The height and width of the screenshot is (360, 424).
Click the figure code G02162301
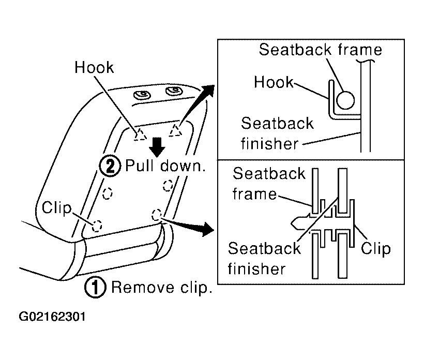[52, 317]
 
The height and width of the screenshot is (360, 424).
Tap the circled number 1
[96, 288]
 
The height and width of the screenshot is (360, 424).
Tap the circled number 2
[110, 166]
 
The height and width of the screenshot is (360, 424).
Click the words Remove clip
[162, 288]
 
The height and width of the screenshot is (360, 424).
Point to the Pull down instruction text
[165, 166]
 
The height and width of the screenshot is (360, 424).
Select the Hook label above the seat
[94, 67]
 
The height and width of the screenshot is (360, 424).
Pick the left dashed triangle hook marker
[140, 134]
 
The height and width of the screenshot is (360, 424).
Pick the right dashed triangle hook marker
[175, 130]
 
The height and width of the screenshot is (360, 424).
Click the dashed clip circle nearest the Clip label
[97, 226]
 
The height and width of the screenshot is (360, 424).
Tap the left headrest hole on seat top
[142, 95]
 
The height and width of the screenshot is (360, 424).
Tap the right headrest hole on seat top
[174, 91]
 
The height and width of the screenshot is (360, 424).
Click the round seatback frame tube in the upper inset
[345, 100]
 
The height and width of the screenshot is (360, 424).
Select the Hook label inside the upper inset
[274, 82]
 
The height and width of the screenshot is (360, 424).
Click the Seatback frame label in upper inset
[321, 50]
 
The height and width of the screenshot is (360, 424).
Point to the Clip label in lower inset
[376, 249]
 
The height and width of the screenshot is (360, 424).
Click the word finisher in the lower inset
[256, 269]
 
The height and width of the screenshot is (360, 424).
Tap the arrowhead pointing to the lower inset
[208, 229]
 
